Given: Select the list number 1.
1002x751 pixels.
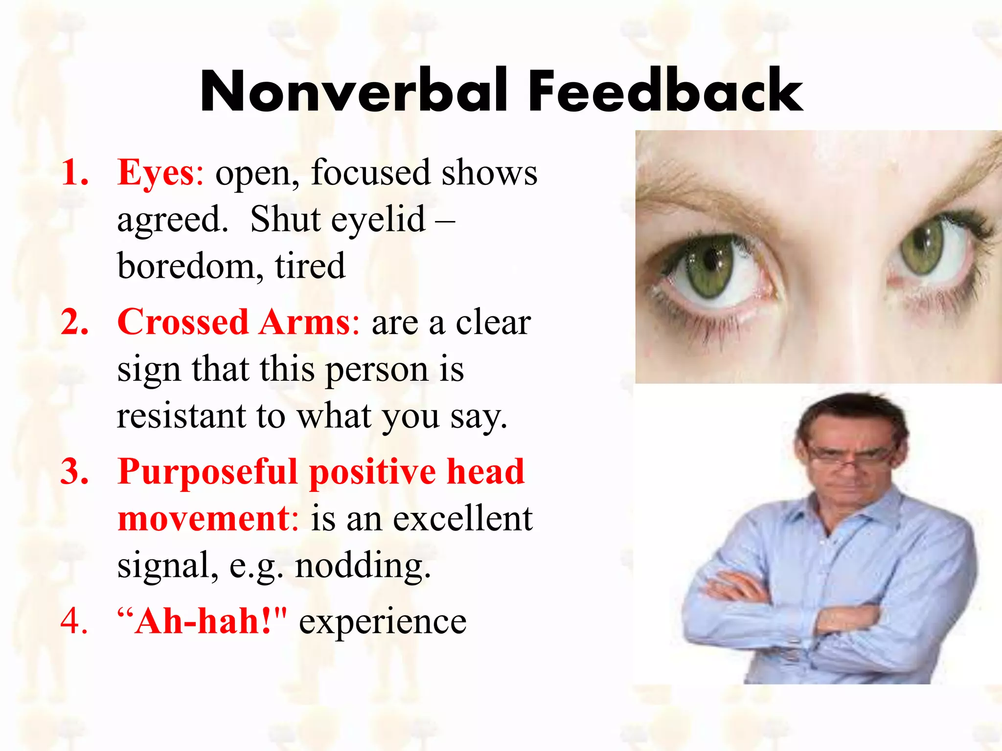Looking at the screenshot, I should tap(74, 173).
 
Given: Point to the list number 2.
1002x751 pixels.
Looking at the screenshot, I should tap(74, 322).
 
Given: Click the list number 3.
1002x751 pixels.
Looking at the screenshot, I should tap(74, 472).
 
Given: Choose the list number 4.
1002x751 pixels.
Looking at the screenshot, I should tap(74, 621).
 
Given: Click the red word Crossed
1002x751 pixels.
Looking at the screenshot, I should tap(183, 322).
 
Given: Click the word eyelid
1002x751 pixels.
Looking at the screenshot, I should tap(378, 220).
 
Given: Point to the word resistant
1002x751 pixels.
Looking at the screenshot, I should tap(181, 416).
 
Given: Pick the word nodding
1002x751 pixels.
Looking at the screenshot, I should tap(363, 566).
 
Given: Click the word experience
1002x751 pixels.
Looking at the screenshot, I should tap(383, 622).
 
